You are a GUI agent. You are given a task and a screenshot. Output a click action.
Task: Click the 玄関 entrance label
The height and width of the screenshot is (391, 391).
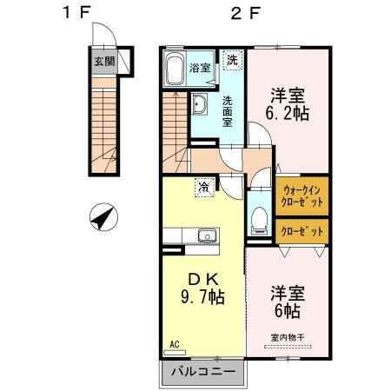103,62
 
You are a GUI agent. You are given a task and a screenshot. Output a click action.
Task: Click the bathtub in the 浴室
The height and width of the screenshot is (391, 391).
175,69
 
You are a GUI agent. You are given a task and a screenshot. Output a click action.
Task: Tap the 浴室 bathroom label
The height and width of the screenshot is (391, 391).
201,68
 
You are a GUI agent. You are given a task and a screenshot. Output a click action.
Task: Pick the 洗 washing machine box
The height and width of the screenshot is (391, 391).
232,59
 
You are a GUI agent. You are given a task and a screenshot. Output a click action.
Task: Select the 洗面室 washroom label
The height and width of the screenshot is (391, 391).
227,111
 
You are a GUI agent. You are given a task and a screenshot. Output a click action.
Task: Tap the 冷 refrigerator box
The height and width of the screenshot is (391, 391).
202,185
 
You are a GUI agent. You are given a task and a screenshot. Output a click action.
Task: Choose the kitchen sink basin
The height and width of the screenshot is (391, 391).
208,235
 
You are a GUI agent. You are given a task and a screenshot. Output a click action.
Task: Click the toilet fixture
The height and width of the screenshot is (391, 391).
259,217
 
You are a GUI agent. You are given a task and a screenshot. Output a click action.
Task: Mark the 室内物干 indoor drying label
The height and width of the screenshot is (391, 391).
288,338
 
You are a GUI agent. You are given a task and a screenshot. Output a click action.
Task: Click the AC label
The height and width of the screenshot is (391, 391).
174,344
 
